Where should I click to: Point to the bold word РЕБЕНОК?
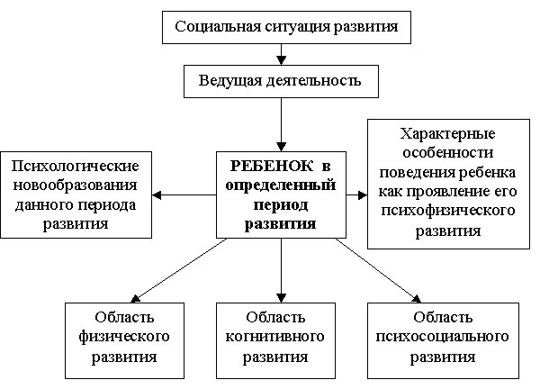(272, 166)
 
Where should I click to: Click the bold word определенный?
(281, 185)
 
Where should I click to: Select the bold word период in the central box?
(281, 205)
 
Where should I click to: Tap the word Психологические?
(75, 167)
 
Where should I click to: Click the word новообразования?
(75, 185)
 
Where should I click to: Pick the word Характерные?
(447, 133)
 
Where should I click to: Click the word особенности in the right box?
(447, 153)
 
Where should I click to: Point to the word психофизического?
(447, 211)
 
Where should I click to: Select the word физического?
(124, 336)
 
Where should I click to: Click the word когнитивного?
(274, 336)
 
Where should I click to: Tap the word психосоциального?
(442, 336)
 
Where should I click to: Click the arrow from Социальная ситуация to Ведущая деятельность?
(282, 54)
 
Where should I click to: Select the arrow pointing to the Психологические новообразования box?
(184, 195)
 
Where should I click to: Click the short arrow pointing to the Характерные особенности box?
(356, 195)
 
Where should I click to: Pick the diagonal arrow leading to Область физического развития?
(178, 271)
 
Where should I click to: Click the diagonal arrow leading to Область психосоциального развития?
(379, 271)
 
